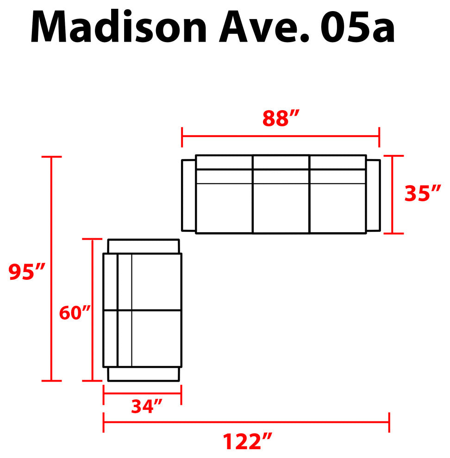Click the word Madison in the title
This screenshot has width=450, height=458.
coord(119,26)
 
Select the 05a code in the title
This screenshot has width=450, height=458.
coord(357,27)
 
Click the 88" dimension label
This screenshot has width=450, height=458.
coord(281,118)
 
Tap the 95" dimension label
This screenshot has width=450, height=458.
coord(26,272)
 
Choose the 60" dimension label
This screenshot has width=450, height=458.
coord(75,313)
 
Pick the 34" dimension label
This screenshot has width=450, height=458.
coord(146,406)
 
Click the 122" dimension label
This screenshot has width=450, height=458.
coord(247,441)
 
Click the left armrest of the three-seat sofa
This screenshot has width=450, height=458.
coord(188,195)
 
